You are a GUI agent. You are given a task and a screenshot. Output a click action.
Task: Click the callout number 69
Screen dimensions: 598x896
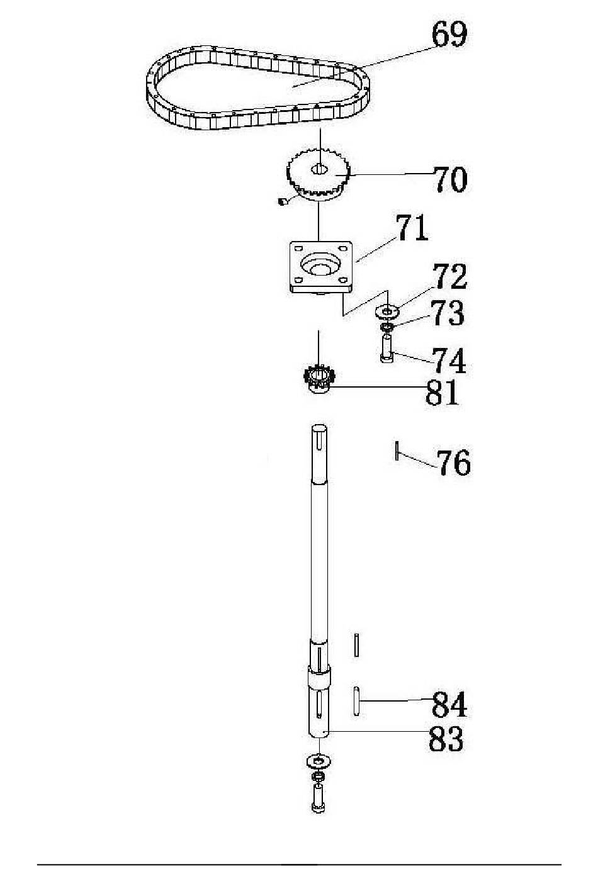point(449,35)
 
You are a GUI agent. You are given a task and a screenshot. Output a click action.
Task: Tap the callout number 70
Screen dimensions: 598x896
point(451,179)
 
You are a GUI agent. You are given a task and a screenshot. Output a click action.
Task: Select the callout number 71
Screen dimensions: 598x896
point(412,228)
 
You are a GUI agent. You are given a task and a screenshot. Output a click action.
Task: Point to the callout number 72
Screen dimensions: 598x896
point(451,276)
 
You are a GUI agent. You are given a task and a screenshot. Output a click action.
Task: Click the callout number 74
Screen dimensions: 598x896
point(449,360)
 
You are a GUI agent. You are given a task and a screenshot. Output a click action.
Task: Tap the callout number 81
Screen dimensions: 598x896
point(441,392)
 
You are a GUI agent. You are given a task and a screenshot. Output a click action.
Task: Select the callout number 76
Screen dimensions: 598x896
point(453,462)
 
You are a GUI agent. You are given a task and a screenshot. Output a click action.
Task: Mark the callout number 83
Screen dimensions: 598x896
point(446,739)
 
